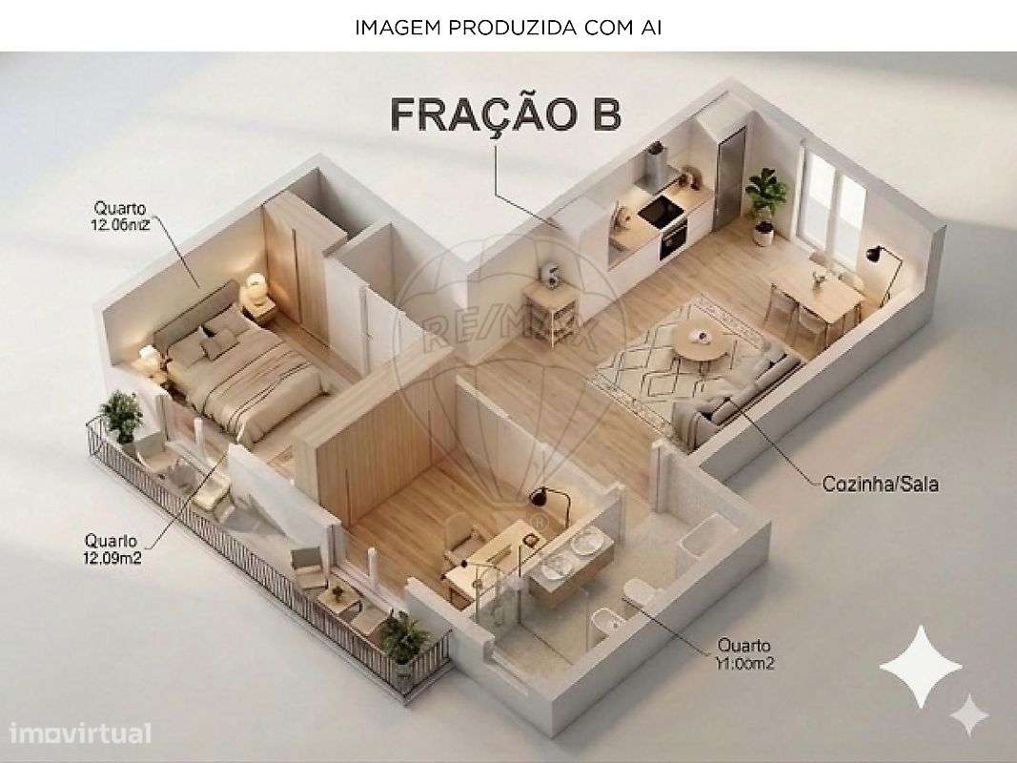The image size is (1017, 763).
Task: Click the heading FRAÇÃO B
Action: coord(506,114)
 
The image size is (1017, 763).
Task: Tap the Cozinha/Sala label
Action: coord(880,484)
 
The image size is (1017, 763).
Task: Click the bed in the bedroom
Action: coord(248,372)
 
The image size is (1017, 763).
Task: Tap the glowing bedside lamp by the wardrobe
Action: coord(255,284)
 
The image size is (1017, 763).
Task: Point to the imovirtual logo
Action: coord(81,733)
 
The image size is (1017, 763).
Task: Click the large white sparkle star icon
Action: coord(920,666)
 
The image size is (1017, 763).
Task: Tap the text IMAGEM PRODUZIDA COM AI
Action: coord(508,28)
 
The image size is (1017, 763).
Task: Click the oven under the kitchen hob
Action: coord(673,235)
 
